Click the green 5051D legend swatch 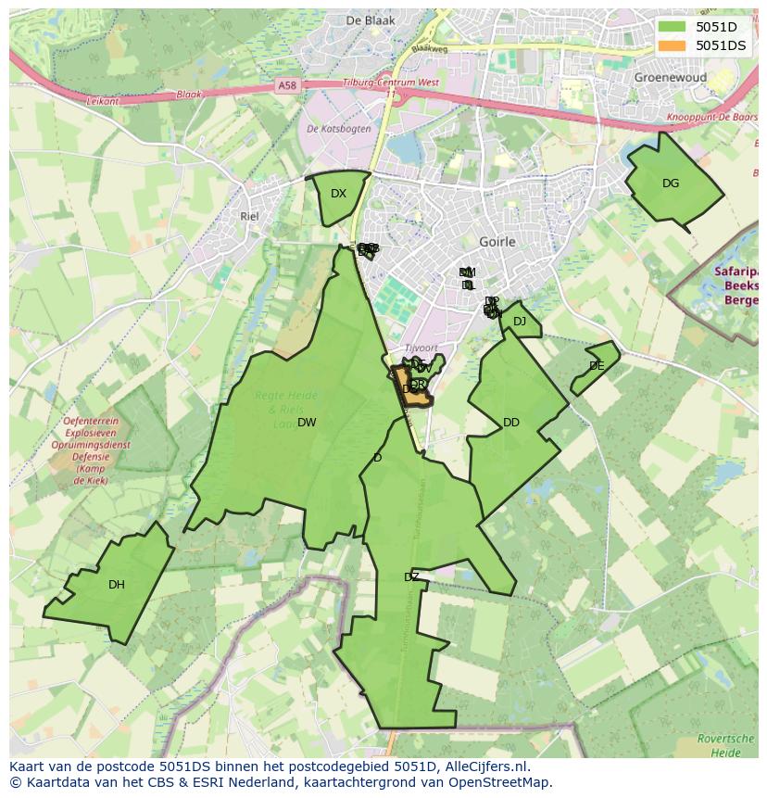click(673, 27)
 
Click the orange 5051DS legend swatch click(673, 45)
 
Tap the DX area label click(338, 194)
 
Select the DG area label click(671, 184)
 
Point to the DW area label click(307, 423)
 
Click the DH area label click(116, 585)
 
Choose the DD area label click(511, 423)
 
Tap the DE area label click(597, 366)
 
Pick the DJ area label click(520, 322)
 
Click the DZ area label click(411, 577)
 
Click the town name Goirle click(497, 242)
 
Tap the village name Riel click(249, 216)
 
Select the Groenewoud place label click(671, 78)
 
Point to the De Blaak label click(371, 20)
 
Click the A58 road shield click(287, 85)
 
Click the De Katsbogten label click(339, 129)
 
